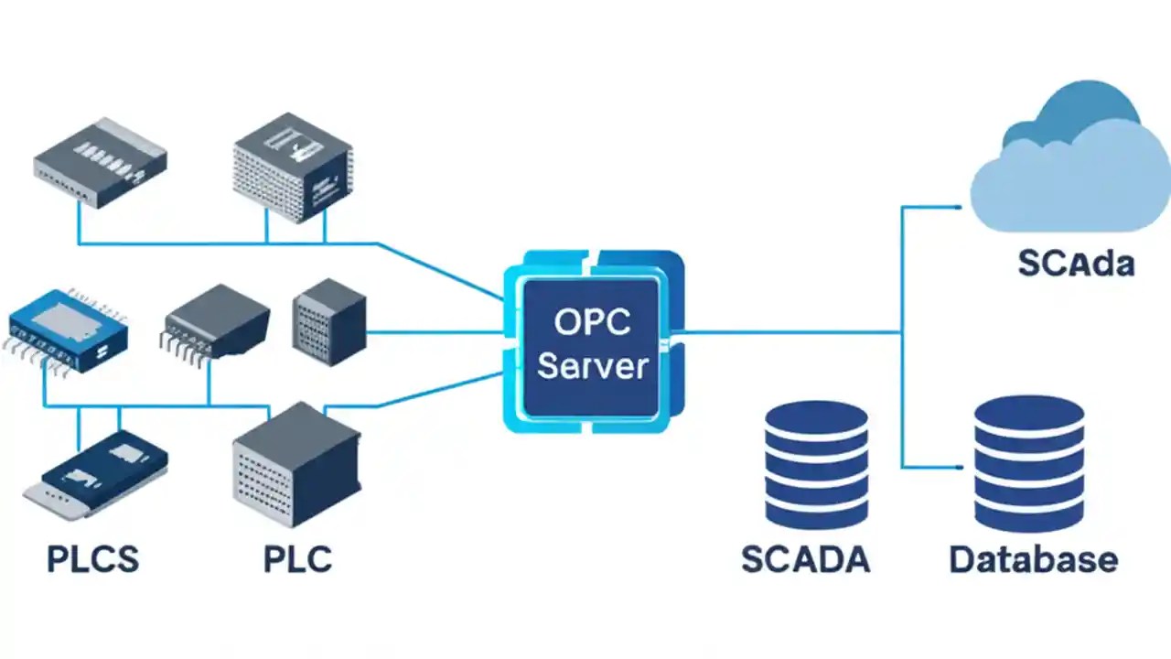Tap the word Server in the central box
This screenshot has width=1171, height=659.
point(592,366)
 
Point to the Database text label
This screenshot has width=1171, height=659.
point(1033,558)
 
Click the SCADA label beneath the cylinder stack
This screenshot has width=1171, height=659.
point(805,558)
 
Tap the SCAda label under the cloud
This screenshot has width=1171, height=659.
point(1076,264)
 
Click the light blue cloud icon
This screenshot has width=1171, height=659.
point(1070,192)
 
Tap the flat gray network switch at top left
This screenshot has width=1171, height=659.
point(100,161)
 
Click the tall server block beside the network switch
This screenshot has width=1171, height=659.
point(293,167)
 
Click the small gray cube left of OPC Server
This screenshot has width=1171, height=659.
point(328,322)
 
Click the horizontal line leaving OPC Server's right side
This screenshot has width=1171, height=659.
point(787,332)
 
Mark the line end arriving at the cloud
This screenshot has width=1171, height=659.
point(956,207)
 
